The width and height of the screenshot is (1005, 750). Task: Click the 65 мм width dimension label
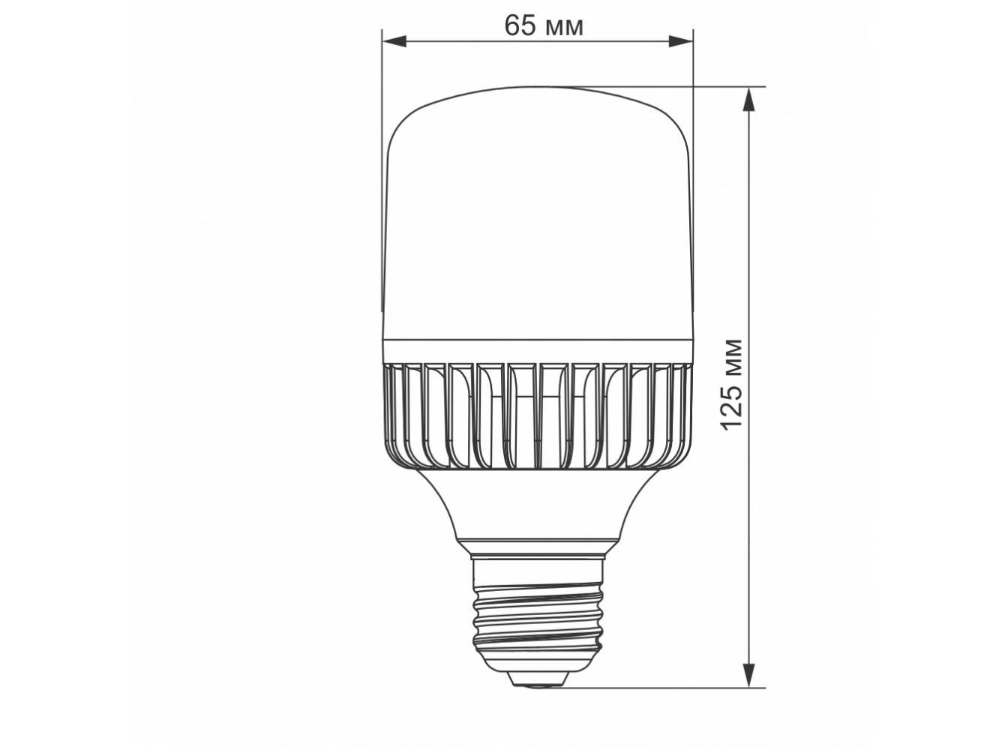[x=544, y=25]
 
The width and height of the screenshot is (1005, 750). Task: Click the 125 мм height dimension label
[x=730, y=384]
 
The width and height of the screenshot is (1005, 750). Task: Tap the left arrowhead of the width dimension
[x=394, y=41]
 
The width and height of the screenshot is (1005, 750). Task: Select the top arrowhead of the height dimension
[x=748, y=99]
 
